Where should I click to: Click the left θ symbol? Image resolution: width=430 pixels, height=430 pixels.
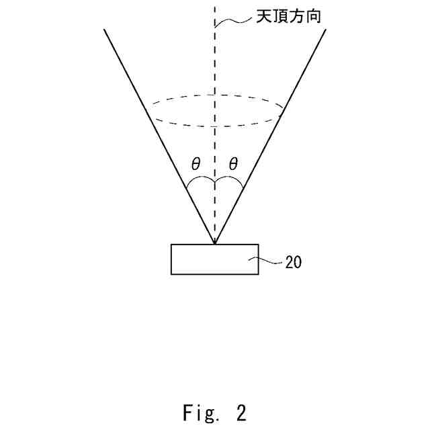(x=196, y=163)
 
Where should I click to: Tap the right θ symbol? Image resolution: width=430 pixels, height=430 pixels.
(x=233, y=163)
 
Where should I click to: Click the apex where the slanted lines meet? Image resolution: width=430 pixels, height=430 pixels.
(x=214, y=243)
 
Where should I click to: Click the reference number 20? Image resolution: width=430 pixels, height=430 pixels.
(x=294, y=263)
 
